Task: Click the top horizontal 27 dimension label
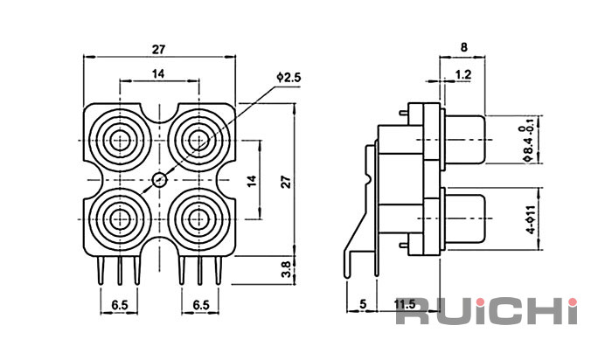158,50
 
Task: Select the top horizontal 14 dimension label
158,73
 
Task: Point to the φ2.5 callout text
289,78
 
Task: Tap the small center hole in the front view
159,180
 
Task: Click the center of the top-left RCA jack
120,141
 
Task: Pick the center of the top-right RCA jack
198,141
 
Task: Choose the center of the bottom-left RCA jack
120,219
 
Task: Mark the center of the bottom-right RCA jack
198,219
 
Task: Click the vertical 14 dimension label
252,181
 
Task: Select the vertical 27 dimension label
287,182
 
